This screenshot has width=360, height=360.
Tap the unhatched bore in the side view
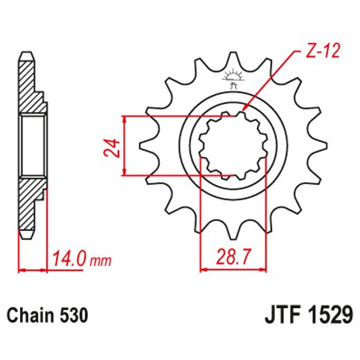tap(33, 146)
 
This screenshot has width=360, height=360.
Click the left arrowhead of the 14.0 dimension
tap(21, 268)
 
